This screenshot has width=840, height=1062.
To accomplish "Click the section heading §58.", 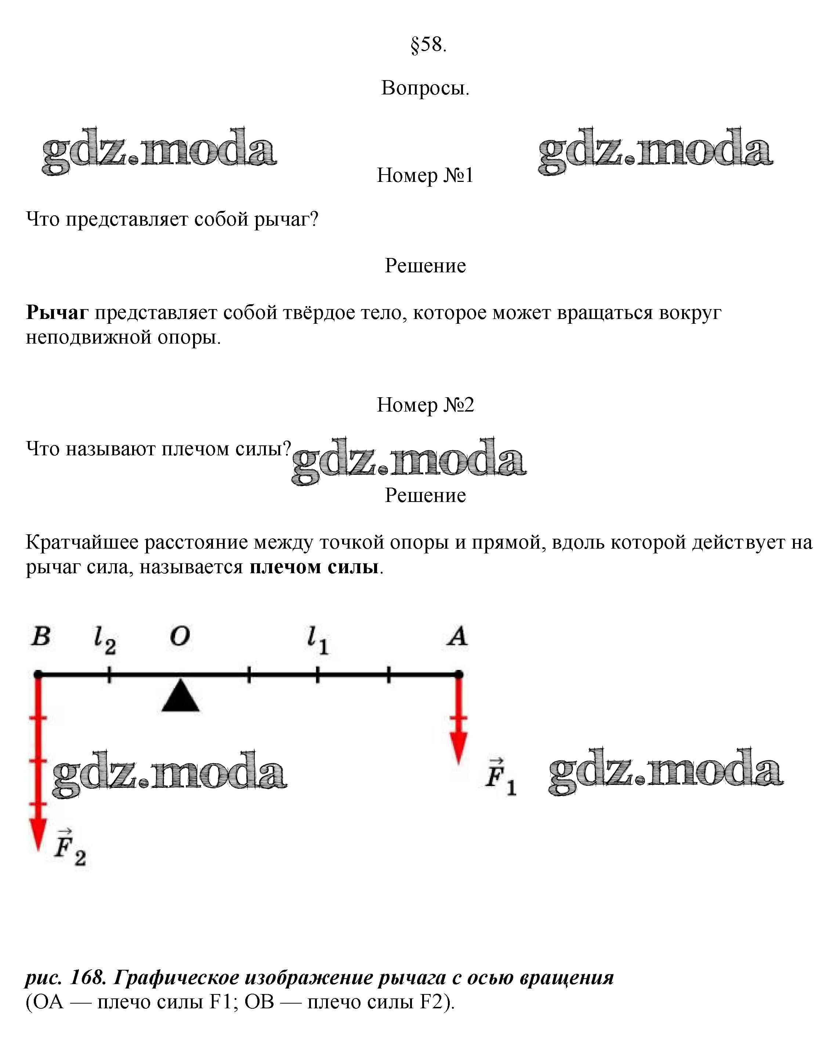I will coord(428,45).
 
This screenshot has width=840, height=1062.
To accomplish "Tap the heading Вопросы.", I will coord(425,89).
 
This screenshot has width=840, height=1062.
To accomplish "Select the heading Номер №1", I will coord(425,176).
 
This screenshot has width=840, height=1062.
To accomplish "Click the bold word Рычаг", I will coord(57,313).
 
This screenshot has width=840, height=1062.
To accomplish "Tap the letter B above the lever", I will coord(41,636).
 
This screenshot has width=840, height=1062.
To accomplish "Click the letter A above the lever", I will coord(457,636).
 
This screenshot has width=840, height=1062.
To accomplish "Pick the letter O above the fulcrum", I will coord(180,636).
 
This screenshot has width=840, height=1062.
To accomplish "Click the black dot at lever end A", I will coord(458,674).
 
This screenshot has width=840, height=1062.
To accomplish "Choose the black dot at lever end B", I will coord(38,674).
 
